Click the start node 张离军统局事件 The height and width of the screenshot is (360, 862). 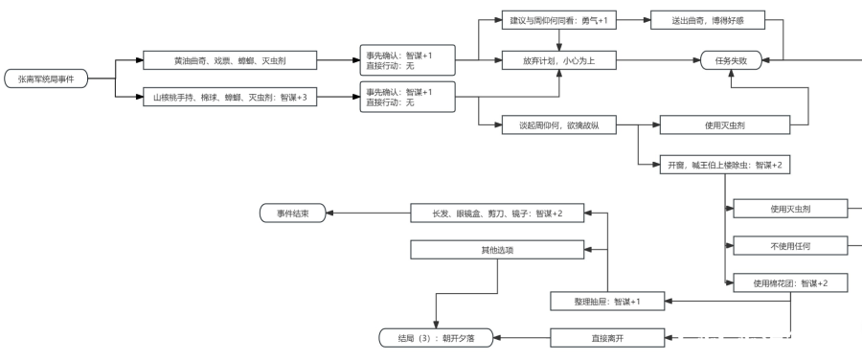46,79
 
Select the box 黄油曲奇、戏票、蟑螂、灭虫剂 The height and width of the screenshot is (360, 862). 230,60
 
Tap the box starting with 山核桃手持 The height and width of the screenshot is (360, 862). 230,98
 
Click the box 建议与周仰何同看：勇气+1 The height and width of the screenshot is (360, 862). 559,21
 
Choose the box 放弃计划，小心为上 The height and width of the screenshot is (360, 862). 559,60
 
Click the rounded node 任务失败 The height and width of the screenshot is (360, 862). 731,60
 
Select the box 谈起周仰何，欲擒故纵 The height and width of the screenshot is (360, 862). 559,124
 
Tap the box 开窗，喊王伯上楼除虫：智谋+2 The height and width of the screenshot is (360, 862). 725,165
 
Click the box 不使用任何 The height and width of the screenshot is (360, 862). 790,246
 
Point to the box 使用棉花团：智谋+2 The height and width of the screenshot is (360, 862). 790,283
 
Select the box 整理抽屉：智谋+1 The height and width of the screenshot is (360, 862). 607,302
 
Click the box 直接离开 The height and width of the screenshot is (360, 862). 607,338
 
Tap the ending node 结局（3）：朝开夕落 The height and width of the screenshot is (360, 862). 436,338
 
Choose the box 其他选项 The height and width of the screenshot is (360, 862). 497,250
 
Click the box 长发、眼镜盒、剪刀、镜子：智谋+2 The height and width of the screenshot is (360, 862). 497,213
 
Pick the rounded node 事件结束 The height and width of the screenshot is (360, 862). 292,213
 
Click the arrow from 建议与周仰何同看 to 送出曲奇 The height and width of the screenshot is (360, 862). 633,21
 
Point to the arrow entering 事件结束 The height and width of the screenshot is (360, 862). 369,213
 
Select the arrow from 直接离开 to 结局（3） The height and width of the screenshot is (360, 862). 522,338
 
